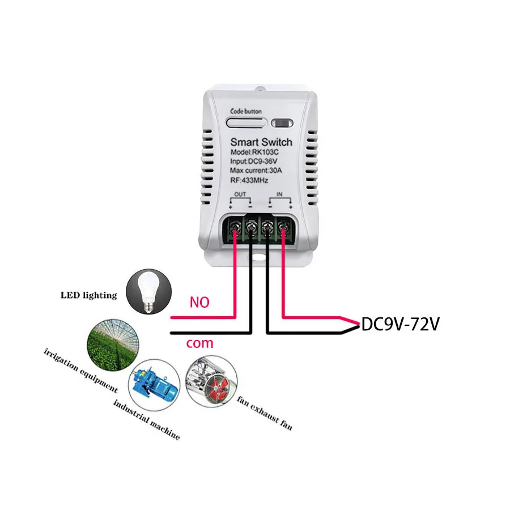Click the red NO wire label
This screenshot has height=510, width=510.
[x=199, y=303]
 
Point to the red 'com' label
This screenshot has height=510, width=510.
[x=199, y=343]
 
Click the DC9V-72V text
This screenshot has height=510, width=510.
[x=400, y=324]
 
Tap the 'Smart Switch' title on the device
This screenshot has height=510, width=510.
[x=261, y=142]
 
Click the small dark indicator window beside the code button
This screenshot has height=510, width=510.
[x=281, y=122]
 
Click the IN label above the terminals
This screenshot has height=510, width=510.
[x=279, y=194]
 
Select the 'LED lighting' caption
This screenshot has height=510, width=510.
[x=89, y=295]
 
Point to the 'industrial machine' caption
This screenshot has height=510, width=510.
[x=146, y=419]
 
